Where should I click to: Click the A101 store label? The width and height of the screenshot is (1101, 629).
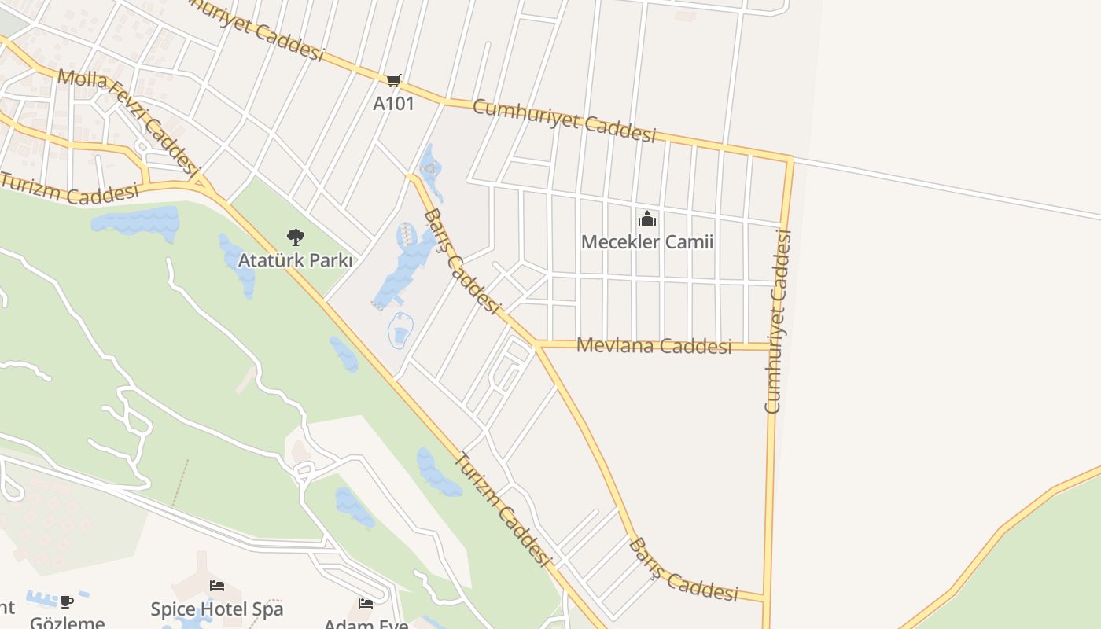[x=393, y=103]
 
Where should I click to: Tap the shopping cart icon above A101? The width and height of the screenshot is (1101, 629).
[x=393, y=80]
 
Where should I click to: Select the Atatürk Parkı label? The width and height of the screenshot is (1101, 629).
[x=295, y=260]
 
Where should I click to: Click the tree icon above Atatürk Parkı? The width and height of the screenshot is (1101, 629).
[x=295, y=236]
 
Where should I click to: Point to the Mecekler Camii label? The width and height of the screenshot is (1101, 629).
[x=647, y=241]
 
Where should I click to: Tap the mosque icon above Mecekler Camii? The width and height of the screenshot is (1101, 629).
[x=647, y=219]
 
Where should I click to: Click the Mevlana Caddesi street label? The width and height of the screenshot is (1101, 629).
[x=654, y=345]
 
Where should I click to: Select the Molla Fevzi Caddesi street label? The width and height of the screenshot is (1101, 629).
[x=127, y=120]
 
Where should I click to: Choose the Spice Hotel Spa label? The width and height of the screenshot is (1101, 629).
[x=217, y=609]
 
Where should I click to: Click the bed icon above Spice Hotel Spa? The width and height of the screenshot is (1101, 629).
[x=217, y=586]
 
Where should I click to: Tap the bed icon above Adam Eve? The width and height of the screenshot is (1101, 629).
[x=366, y=604]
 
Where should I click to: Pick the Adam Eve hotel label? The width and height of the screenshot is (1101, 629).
[x=366, y=623]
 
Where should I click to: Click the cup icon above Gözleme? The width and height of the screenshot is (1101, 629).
[x=67, y=601]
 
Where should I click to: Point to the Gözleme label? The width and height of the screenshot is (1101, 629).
[x=68, y=623]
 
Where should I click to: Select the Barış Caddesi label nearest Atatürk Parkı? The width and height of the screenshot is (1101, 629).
[x=462, y=262]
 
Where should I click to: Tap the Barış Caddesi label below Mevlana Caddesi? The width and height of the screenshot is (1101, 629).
[x=683, y=570]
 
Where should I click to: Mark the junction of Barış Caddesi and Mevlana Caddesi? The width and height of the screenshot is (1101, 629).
[x=536, y=344]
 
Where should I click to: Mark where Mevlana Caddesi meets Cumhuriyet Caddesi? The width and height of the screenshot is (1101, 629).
[x=771, y=346]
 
